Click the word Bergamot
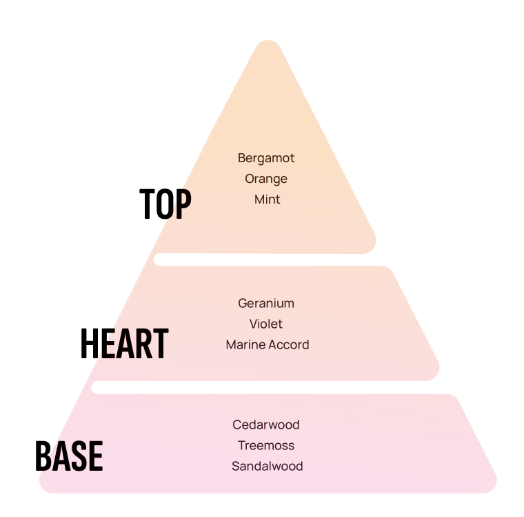266,158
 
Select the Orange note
266,179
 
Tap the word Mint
268,199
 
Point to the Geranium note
266,304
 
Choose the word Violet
266,324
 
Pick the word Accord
288,344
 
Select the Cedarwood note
266,425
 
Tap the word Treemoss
266,446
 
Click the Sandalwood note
268,466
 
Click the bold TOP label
165,204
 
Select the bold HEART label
125,343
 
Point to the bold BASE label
69,456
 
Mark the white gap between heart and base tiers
268,387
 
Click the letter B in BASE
43,456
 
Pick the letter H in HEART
88,343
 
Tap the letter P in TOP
183,204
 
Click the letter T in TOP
147,204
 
